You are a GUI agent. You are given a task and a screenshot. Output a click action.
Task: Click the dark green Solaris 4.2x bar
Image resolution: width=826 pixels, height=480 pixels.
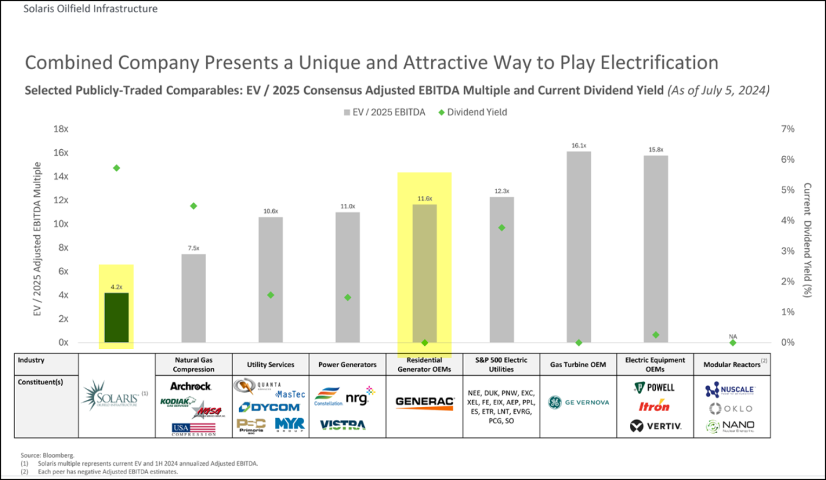point(117,317)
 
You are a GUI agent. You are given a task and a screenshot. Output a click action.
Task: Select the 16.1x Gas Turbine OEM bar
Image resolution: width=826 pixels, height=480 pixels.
point(578,247)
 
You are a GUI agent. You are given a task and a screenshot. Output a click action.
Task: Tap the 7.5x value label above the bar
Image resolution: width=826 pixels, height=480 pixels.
point(193,248)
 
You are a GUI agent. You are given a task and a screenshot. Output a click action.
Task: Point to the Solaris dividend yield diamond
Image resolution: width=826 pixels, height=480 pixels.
point(117,168)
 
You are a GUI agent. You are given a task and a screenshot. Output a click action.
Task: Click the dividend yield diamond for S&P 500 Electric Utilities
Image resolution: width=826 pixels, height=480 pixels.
point(502,228)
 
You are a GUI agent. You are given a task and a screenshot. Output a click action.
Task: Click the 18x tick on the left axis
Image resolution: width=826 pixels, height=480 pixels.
point(61,129)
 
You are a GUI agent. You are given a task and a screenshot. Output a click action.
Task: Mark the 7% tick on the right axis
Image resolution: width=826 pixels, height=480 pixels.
point(787,129)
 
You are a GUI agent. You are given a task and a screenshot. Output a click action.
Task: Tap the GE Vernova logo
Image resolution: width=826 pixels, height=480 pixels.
point(578,402)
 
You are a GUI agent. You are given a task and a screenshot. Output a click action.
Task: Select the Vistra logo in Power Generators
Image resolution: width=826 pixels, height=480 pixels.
point(342,425)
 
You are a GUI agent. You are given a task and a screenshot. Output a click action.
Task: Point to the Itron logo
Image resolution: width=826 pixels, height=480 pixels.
point(654,406)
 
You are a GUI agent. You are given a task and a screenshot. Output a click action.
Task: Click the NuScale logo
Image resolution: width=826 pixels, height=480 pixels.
point(730,389)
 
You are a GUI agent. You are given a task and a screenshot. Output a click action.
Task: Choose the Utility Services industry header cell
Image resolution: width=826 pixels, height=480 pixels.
point(270,365)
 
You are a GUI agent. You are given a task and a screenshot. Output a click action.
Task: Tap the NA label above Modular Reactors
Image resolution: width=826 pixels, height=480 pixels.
point(732,337)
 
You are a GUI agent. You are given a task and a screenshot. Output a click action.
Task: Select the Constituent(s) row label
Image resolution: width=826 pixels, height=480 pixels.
point(40,382)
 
